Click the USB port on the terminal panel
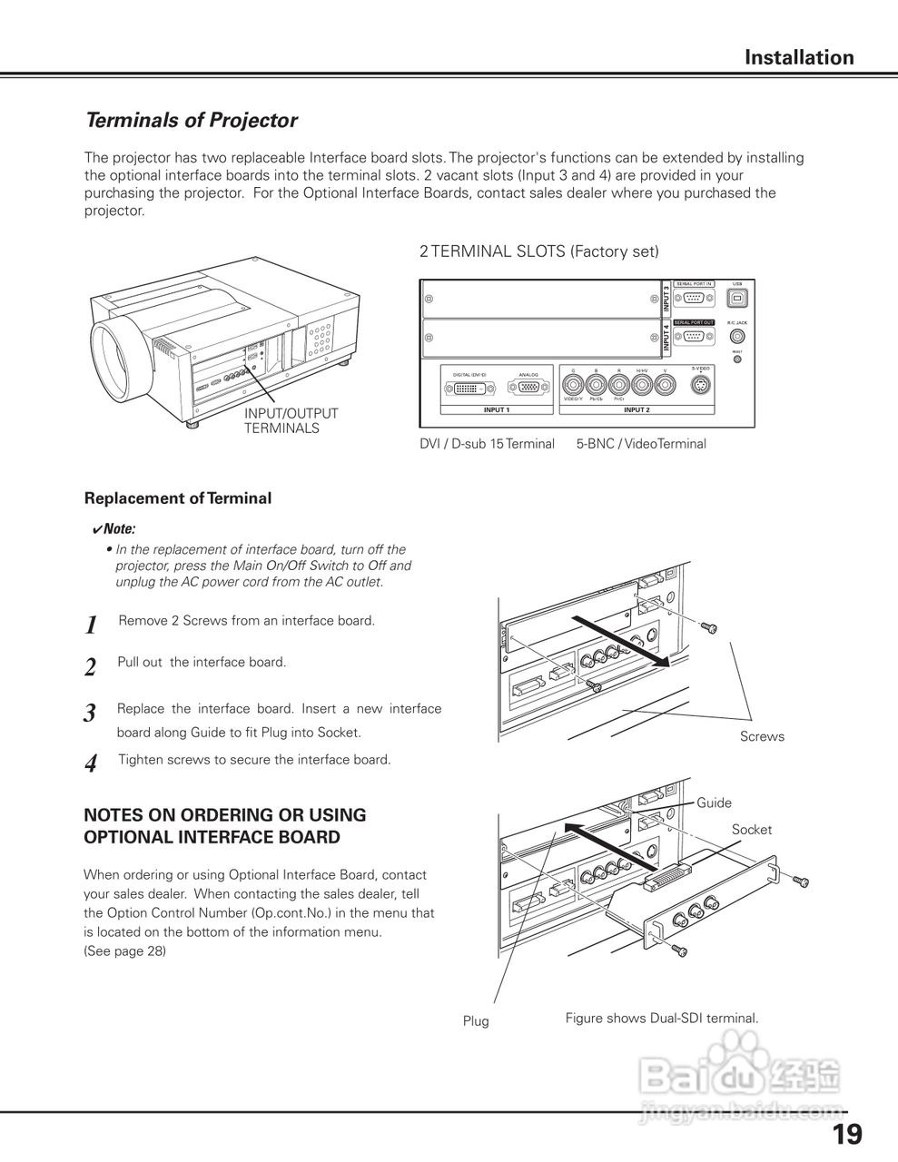[x=736, y=298]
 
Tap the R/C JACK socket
[x=736, y=335]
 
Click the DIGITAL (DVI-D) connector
[x=469, y=388]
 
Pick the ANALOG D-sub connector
[x=528, y=388]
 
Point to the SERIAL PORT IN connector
[x=695, y=298]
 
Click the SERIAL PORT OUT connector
[x=695, y=335]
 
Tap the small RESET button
[x=736, y=359]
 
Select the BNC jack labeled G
[x=573, y=384]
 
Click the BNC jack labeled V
[x=666, y=384]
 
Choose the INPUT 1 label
[x=496, y=410]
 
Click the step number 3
[x=90, y=714]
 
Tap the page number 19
[x=847, y=1135]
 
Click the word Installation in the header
[x=799, y=58]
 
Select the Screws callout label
[x=762, y=736]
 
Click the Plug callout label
[x=476, y=1021]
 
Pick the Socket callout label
[x=752, y=830]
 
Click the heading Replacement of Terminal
[x=178, y=498]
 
